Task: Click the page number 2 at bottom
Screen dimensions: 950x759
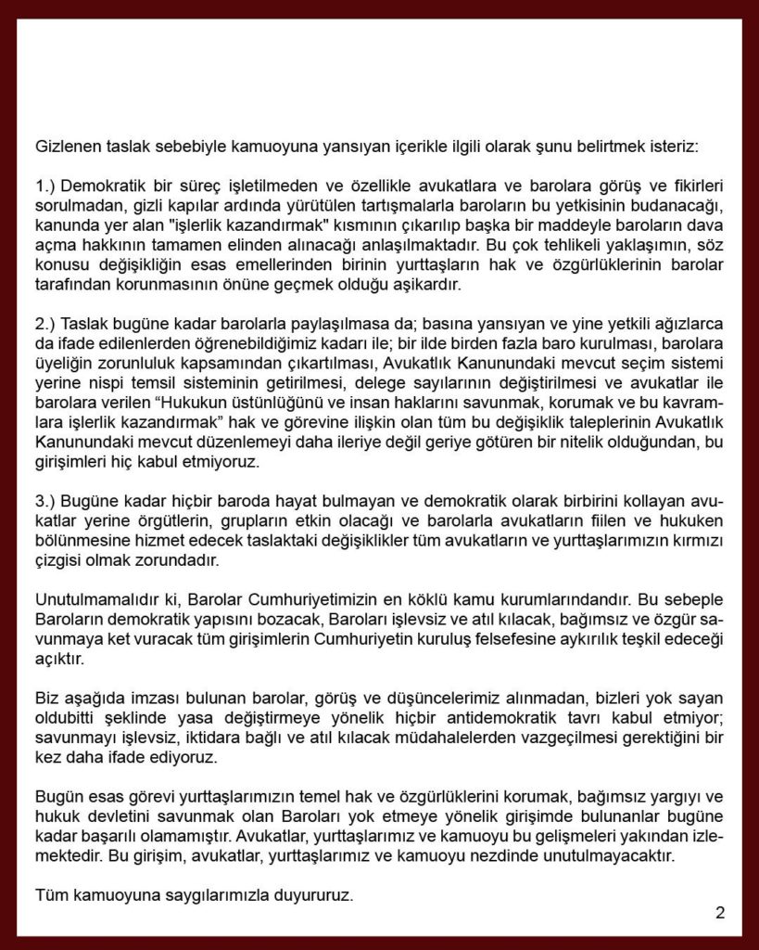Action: point(720,912)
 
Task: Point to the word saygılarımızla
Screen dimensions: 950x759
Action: point(217,896)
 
